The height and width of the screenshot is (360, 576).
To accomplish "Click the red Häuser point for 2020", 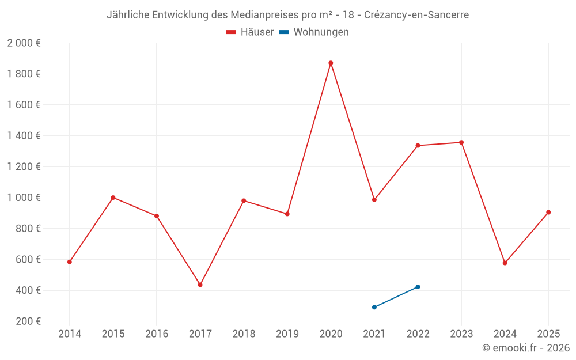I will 331,63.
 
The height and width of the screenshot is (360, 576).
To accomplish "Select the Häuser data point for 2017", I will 200,285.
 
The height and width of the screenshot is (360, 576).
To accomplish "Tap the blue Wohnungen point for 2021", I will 374,307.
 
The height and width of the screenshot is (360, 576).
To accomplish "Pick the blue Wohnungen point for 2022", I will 418,287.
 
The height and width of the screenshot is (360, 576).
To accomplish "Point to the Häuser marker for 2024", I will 505,263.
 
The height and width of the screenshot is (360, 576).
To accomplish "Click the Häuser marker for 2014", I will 70,262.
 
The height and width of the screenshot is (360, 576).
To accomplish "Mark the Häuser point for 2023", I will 461,142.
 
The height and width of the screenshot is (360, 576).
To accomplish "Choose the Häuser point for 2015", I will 113,198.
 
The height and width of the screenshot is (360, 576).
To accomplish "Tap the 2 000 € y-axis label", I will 24,43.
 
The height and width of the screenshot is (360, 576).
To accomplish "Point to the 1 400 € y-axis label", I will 24,136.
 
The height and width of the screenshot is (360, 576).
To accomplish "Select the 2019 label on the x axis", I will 287,334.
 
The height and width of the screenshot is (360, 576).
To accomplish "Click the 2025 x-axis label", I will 548,334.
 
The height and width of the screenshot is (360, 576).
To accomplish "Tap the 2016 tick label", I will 157,334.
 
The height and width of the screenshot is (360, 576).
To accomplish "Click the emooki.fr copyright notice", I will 526,348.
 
